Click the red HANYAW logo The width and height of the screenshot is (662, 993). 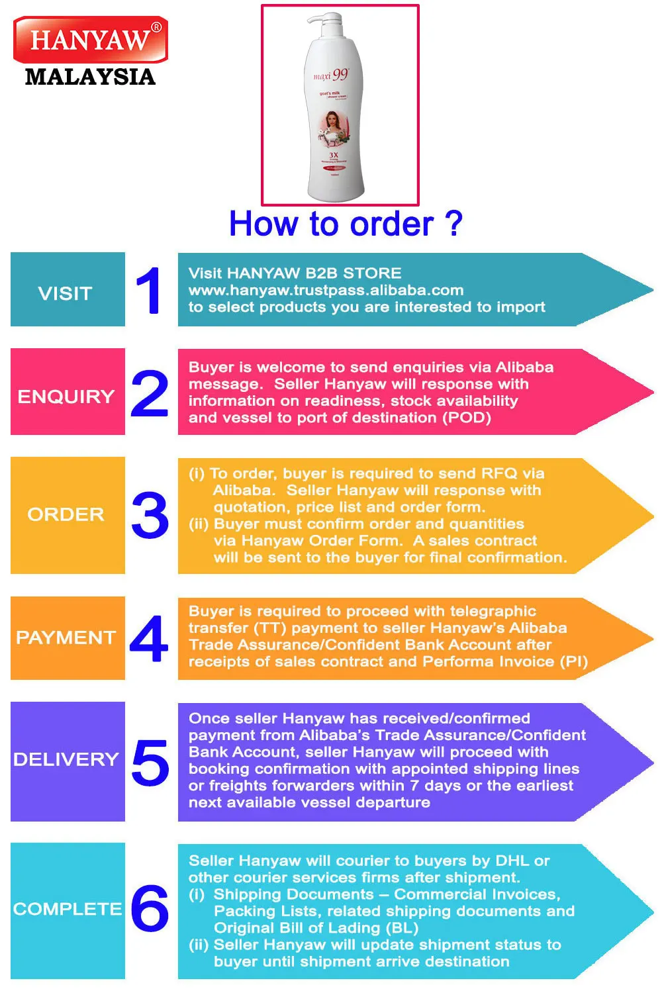point(90,40)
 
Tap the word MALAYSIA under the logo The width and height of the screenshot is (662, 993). point(90,77)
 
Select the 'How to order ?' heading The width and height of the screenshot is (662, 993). point(345,224)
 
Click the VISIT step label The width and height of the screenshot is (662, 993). point(65,293)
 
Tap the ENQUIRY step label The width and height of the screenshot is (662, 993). point(66,397)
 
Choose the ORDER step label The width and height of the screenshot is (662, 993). point(66,514)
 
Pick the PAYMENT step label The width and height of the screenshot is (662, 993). point(66,638)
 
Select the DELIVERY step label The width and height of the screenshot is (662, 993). point(66,759)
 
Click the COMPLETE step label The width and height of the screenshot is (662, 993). point(68,909)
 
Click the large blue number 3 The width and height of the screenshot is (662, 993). point(150,515)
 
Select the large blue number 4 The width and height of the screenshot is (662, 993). point(149,638)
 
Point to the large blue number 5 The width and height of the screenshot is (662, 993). point(150,762)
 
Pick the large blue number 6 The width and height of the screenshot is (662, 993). point(150,908)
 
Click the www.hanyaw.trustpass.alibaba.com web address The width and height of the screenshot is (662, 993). point(326,290)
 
